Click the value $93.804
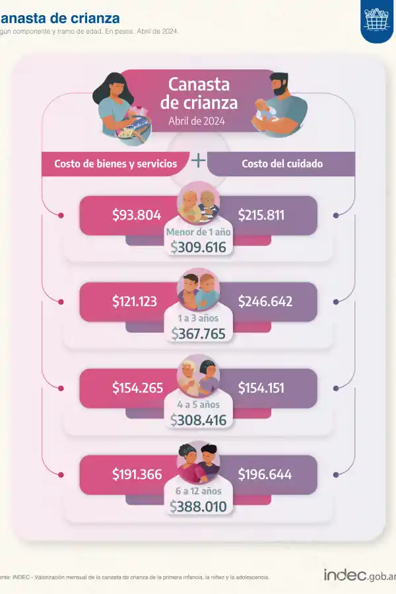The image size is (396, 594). (137, 214)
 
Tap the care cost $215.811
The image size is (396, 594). (261, 214)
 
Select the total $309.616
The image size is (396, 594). (198, 247)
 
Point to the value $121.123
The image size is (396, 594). (135, 302)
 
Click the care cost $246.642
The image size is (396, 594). (265, 302)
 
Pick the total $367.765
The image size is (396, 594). (198, 334)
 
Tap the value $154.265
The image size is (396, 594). (137, 387)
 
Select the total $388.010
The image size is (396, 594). (198, 507)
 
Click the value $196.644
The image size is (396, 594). (265, 474)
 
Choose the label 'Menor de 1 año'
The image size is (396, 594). (198, 232)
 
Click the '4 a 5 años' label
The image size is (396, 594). (198, 405)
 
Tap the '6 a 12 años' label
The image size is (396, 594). (198, 491)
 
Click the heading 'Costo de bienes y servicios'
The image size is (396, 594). (115, 164)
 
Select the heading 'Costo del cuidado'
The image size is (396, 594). (282, 164)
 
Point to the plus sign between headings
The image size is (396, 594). (198, 160)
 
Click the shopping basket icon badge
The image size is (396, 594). (378, 22)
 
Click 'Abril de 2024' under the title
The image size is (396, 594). (197, 121)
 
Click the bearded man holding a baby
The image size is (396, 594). (280, 106)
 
